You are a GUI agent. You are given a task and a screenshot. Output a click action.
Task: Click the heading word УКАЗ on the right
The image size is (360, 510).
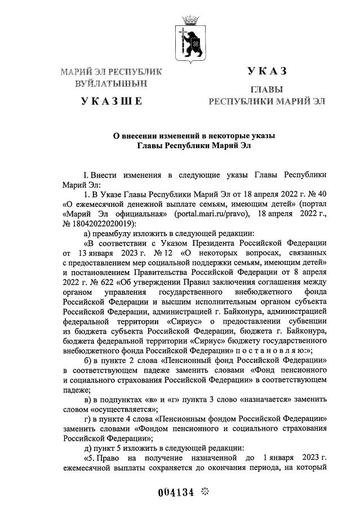pos(266,71)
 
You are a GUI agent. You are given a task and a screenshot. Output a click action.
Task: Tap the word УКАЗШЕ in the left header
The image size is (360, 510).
pos(111,101)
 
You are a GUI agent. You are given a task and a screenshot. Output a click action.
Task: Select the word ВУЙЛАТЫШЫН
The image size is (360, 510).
pos(111,83)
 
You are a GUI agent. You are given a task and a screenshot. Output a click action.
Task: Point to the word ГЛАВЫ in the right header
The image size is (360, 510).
pos(266,90)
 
